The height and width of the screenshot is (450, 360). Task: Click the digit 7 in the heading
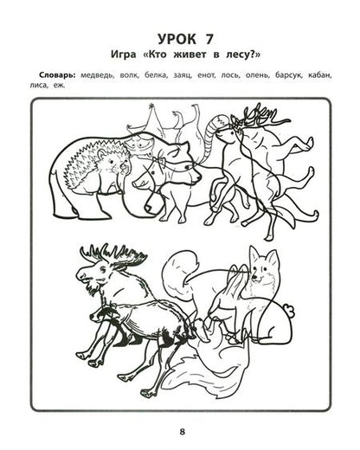click(209, 39)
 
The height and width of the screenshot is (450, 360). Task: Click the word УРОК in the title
click(176, 39)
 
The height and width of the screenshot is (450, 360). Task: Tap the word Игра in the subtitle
click(123, 55)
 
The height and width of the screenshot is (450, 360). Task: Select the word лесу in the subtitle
click(235, 55)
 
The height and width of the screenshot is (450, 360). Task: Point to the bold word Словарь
click(58, 75)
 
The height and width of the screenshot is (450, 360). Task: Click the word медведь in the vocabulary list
click(97, 75)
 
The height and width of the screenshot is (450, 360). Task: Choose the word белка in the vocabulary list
click(156, 75)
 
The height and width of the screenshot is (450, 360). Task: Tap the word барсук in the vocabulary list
click(288, 75)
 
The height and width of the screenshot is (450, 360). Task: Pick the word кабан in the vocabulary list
click(320, 75)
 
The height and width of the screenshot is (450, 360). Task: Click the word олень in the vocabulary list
click(257, 75)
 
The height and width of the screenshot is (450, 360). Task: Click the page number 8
click(182, 432)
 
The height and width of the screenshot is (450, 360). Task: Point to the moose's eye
click(103, 269)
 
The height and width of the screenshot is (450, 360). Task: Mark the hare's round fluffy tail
click(289, 311)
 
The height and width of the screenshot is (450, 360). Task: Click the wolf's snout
click(194, 176)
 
